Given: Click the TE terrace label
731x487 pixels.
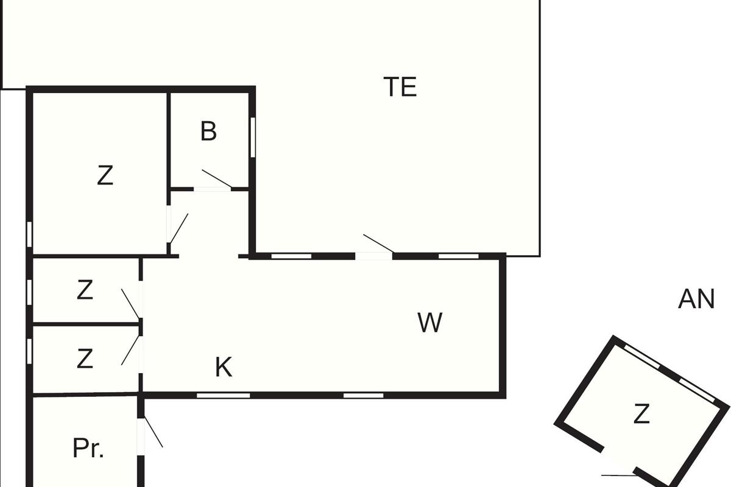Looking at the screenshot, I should pyautogui.click(x=400, y=87).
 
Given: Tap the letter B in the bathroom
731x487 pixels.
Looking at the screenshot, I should pyautogui.click(x=208, y=131).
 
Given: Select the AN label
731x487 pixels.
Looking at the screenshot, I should pyautogui.click(x=696, y=300).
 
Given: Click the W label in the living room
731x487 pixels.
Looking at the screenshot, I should pyautogui.click(x=429, y=323).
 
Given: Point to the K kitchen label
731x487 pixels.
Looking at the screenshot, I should pyautogui.click(x=224, y=368).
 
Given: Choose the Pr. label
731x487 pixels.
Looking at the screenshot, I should pyautogui.click(x=88, y=449).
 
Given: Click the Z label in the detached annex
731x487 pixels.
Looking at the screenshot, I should pyautogui.click(x=641, y=415).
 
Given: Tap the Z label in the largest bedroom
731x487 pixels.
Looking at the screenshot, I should pyautogui.click(x=105, y=176).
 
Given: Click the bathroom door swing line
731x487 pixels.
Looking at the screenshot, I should pyautogui.click(x=217, y=179).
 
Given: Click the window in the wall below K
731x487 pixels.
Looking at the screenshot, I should pyautogui.click(x=223, y=396).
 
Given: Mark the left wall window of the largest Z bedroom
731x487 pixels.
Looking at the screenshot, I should pyautogui.click(x=29, y=234).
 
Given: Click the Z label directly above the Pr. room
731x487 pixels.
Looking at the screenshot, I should pyautogui.click(x=85, y=359).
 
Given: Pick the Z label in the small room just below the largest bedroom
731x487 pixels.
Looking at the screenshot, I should pyautogui.click(x=85, y=290).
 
